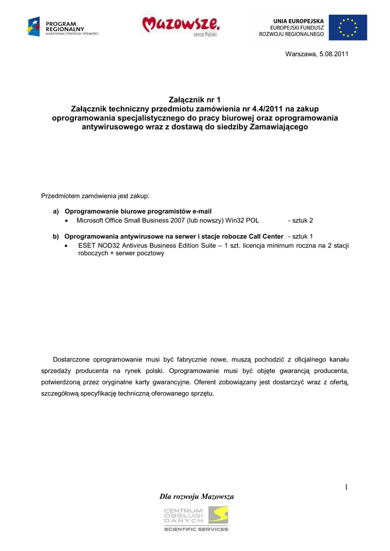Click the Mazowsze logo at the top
click(x=180, y=25)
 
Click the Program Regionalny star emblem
click(x=34, y=26)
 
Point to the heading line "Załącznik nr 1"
click(x=194, y=100)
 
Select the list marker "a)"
click(x=55, y=211)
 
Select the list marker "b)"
click(x=55, y=236)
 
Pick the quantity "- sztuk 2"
click(x=301, y=221)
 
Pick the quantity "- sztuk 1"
click(x=301, y=236)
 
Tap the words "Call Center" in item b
click(x=266, y=236)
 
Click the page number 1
click(x=346, y=488)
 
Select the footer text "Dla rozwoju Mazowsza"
click(x=197, y=496)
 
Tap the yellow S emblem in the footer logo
click(x=218, y=515)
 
